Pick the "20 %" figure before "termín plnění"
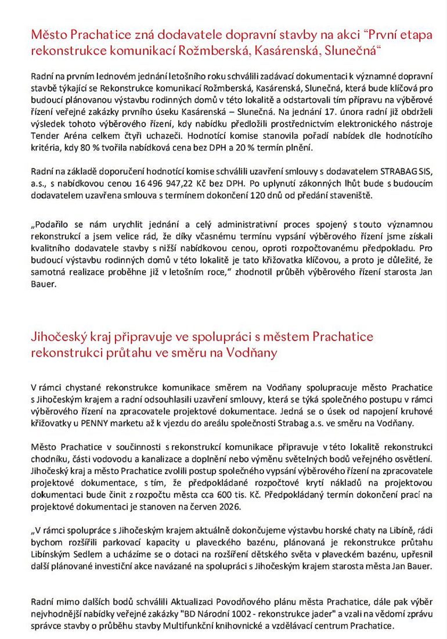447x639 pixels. tap(250, 149)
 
